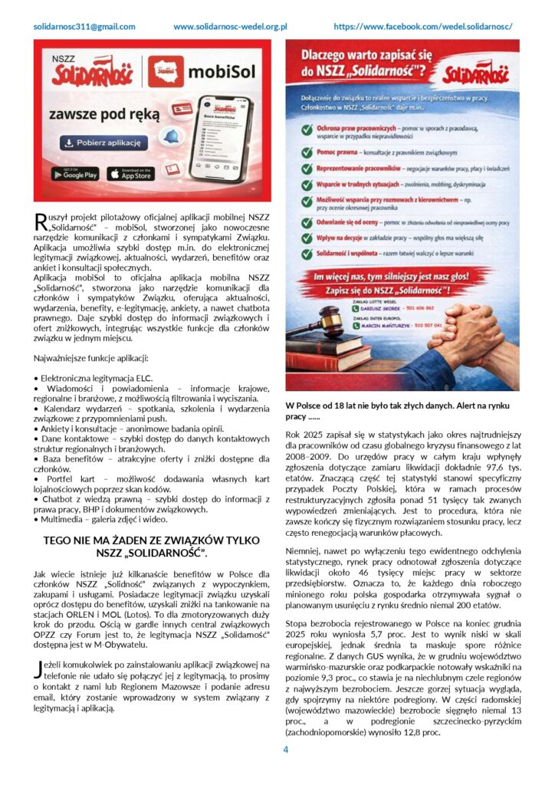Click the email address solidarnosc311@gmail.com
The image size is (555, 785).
[x=84, y=26]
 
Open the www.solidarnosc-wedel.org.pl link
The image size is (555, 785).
[x=230, y=26]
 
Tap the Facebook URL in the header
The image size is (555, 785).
[x=423, y=26]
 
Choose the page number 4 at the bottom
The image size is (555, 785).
[x=285, y=749]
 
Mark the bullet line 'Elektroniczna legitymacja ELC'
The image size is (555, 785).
[x=96, y=378]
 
